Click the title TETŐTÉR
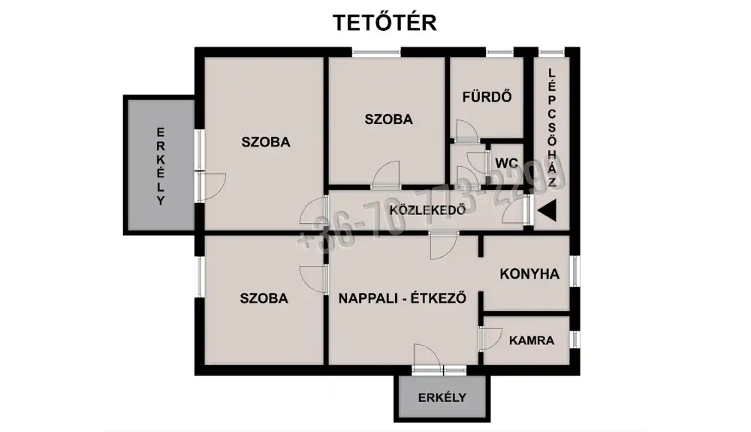point(385,23)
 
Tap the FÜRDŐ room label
point(487,96)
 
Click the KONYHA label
point(529,274)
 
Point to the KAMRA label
point(531,340)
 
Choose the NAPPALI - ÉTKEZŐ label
point(403,298)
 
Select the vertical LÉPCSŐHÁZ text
point(552,128)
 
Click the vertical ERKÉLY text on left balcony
point(160,166)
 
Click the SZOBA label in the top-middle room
point(388,119)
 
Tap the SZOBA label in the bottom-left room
point(264,298)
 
